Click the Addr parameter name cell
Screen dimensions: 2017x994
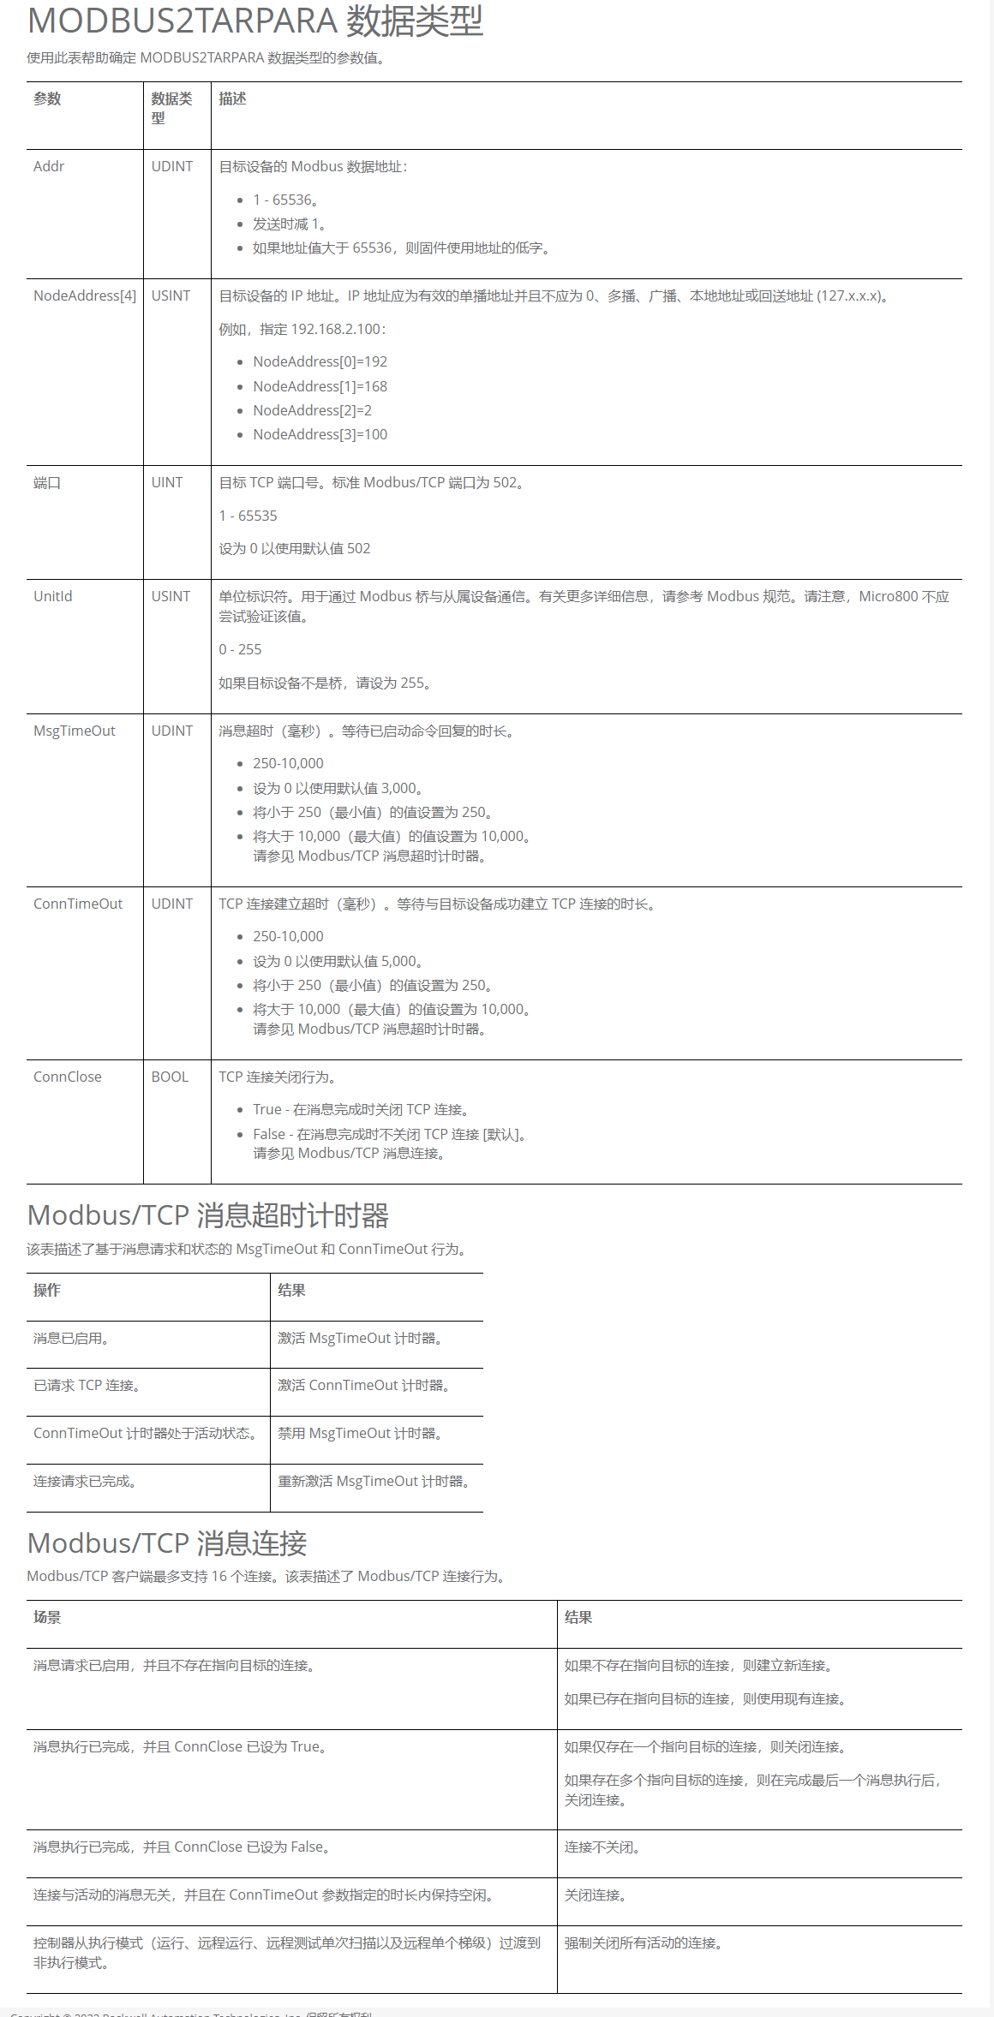[x=49, y=166]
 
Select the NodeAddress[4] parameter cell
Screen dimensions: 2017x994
[x=85, y=295]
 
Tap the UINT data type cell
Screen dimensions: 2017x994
[x=167, y=482]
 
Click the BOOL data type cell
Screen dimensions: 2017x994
[x=170, y=1077]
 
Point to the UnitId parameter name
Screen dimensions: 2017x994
[x=53, y=596]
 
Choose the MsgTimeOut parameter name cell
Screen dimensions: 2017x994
[x=75, y=731]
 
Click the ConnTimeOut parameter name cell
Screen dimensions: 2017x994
[x=78, y=904]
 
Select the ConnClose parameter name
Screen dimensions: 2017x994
[x=68, y=1077]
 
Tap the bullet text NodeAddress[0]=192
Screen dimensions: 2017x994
[x=320, y=361]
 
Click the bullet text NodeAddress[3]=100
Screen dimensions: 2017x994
[x=320, y=434]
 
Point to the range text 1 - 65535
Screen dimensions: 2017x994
[x=248, y=516]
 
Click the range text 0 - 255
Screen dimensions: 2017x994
[x=241, y=649]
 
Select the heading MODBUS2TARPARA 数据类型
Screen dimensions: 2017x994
[x=255, y=21]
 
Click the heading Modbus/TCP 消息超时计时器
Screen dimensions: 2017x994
[x=208, y=1215]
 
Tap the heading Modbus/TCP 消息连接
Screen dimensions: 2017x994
[x=167, y=1543]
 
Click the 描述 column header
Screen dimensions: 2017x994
[x=232, y=98]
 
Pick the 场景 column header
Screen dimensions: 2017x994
[x=47, y=1617]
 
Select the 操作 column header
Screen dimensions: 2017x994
[x=47, y=1290]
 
